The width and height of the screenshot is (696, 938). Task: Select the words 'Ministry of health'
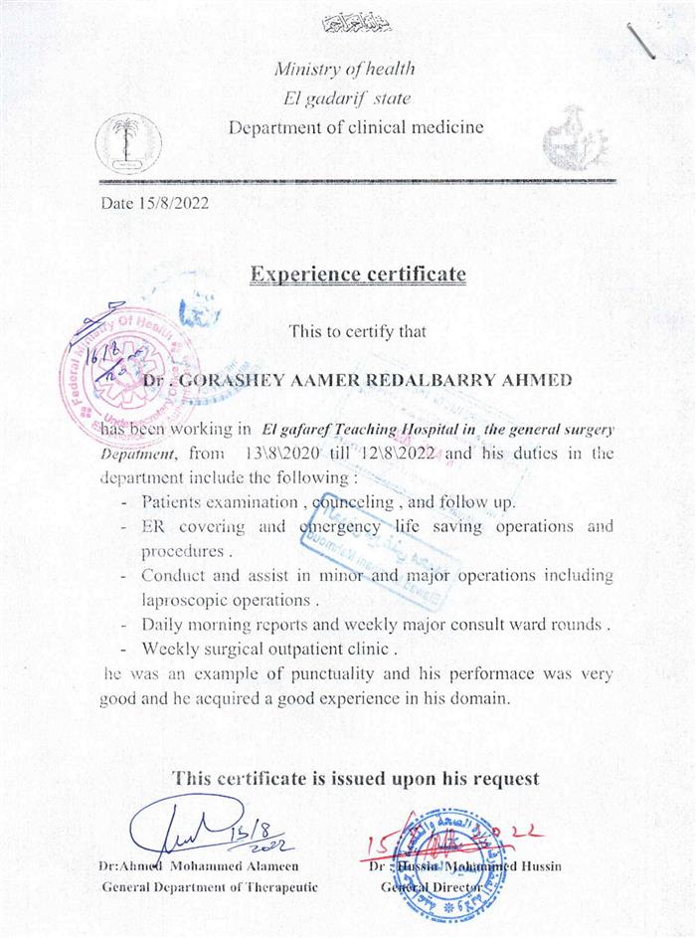[x=344, y=69]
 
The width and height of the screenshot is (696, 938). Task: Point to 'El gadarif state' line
[x=346, y=97]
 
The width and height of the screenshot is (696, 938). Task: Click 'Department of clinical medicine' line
[x=356, y=127]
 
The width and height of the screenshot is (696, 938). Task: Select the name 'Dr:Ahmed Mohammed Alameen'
[x=199, y=866]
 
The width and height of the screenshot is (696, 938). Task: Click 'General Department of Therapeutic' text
[x=210, y=886]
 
